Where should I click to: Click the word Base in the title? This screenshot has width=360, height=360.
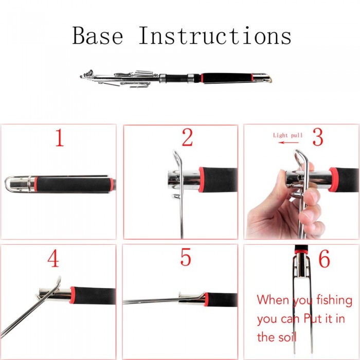click(x=98, y=35)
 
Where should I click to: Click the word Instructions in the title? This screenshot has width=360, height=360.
click(x=215, y=35)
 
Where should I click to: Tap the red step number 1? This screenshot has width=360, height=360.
click(x=60, y=137)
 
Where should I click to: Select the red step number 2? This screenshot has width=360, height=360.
click(x=187, y=137)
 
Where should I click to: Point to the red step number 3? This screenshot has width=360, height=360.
click(x=318, y=137)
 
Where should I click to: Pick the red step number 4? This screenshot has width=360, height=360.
click(x=53, y=258)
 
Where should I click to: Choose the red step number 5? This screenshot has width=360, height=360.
click(x=186, y=257)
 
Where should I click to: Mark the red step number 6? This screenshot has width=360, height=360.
click(x=325, y=259)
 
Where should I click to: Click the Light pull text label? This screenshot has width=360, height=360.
click(x=287, y=135)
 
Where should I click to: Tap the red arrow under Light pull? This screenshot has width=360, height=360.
click(x=288, y=142)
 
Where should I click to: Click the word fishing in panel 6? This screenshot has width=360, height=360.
click(x=334, y=300)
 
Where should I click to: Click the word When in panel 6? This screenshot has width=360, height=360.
click(x=273, y=299)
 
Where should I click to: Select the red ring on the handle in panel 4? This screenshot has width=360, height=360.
click(x=73, y=296)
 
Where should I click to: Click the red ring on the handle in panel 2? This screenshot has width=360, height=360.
click(x=202, y=179)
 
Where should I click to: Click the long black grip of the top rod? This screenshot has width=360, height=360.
click(x=227, y=78)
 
